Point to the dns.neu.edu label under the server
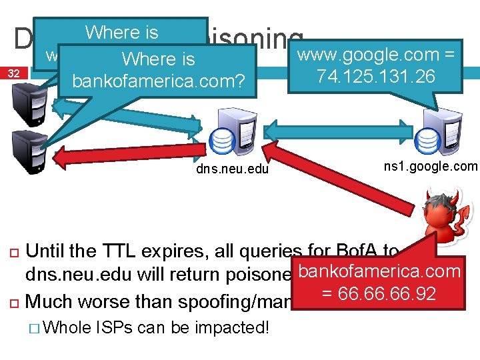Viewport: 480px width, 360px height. click(x=232, y=169)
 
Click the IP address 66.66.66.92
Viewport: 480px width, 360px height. click(x=386, y=293)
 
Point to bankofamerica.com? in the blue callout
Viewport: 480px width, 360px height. click(x=159, y=82)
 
